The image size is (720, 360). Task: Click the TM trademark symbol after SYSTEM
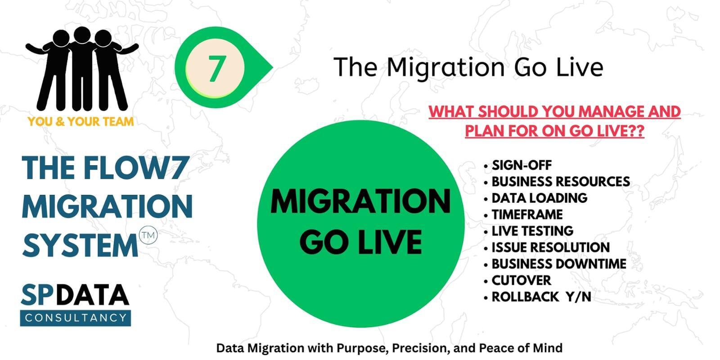pos(148,235)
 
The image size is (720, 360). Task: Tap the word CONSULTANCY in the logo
pos(76,318)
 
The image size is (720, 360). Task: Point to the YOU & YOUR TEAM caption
pos(81,121)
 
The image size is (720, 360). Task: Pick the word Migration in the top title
pos(445,68)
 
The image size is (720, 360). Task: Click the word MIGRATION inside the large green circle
pos(360,202)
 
